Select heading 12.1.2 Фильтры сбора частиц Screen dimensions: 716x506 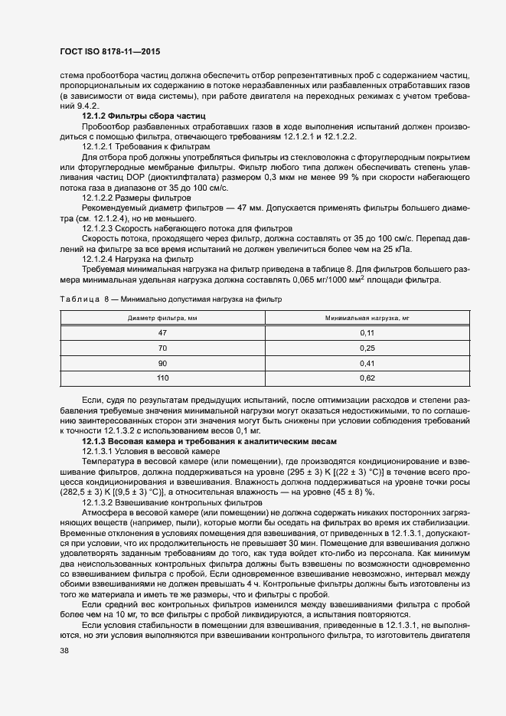point(133,116)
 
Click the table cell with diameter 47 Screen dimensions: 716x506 point(162,333)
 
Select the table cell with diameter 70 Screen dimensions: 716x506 point(162,348)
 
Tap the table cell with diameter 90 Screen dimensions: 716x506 point(162,363)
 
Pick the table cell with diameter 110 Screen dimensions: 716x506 point(162,378)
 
